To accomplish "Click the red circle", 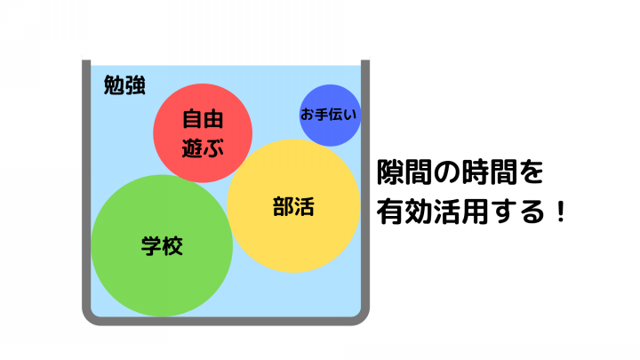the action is [203, 133].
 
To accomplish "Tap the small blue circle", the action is [330, 116].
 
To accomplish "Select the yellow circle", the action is [293, 205].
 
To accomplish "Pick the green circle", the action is [162, 245].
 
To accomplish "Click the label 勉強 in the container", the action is [124, 85].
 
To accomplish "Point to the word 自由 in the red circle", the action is [203, 119].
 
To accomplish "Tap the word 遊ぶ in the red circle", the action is [203, 148].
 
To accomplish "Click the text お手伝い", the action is [329, 115].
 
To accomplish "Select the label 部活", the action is [293, 206].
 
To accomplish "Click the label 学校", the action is [162, 245].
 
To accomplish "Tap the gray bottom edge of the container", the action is [226, 321].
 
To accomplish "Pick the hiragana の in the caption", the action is [446, 172].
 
